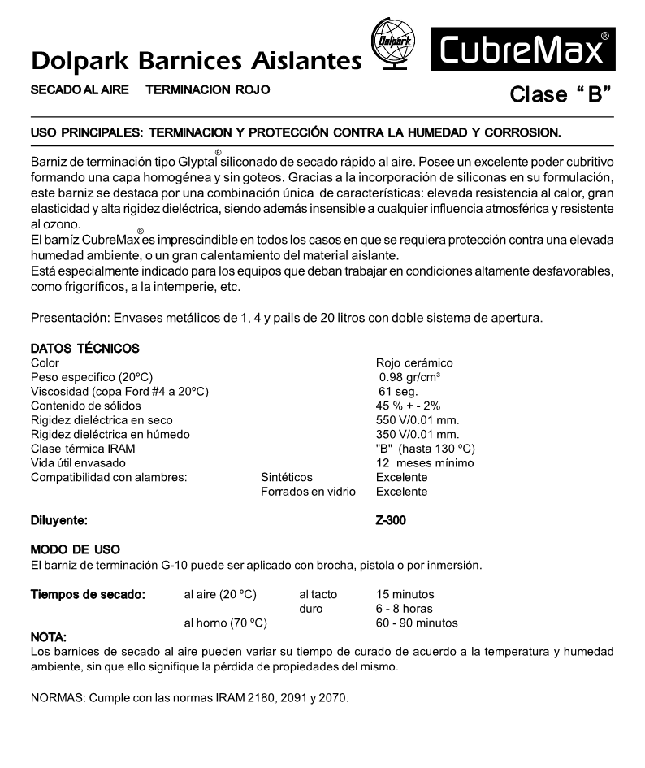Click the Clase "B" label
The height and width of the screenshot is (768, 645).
[560, 94]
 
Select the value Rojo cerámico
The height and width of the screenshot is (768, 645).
[414, 362]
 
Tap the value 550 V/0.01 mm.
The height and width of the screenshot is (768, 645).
[418, 420]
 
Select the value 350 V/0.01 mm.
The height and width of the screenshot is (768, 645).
[418, 435]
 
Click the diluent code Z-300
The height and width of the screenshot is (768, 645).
[391, 520]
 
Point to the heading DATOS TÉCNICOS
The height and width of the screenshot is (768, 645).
[84, 348]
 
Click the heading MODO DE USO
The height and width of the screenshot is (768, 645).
[75, 550]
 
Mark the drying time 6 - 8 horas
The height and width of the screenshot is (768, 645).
[405, 609]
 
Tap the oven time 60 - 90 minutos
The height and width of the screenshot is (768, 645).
[417, 623]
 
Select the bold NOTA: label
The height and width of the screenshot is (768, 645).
[48, 637]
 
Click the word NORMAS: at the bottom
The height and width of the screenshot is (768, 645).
[57, 698]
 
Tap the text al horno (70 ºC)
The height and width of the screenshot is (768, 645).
[226, 623]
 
